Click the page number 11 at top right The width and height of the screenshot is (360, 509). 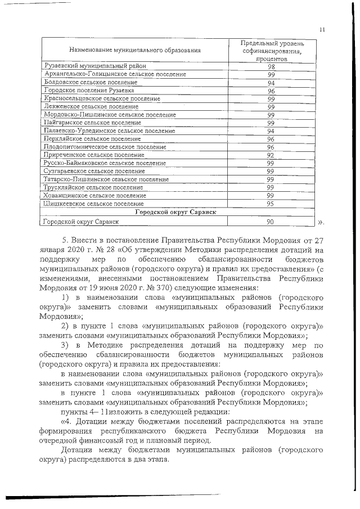[322, 30]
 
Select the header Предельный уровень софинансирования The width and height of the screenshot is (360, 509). [271, 51]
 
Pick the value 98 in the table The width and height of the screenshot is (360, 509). [271, 66]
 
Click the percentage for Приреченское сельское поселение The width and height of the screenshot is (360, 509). [271, 155]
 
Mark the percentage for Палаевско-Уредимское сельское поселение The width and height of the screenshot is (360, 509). [271, 130]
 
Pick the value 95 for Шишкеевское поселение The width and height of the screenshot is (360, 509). [271, 204]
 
